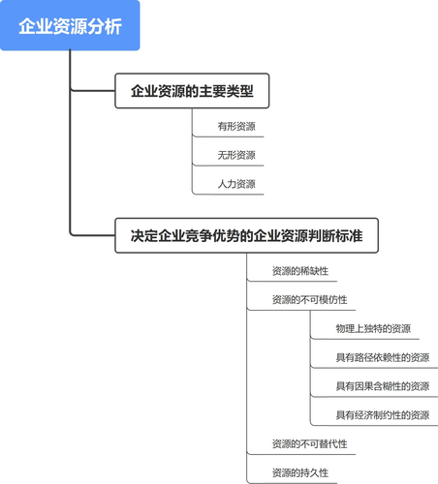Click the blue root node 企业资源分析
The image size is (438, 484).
pos(71,26)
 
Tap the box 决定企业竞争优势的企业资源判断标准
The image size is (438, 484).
pos(246,235)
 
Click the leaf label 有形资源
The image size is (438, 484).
pos(236,127)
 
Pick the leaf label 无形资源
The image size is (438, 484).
pos(236,155)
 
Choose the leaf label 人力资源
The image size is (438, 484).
pos(236,184)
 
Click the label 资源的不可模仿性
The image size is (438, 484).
pos(309,299)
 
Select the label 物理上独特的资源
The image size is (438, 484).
pos(373,328)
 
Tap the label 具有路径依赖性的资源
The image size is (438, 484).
pos(383,357)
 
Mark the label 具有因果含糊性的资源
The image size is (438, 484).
pos(383,386)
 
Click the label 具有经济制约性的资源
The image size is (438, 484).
pos(383,415)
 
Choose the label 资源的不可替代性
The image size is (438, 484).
pos(309,444)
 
